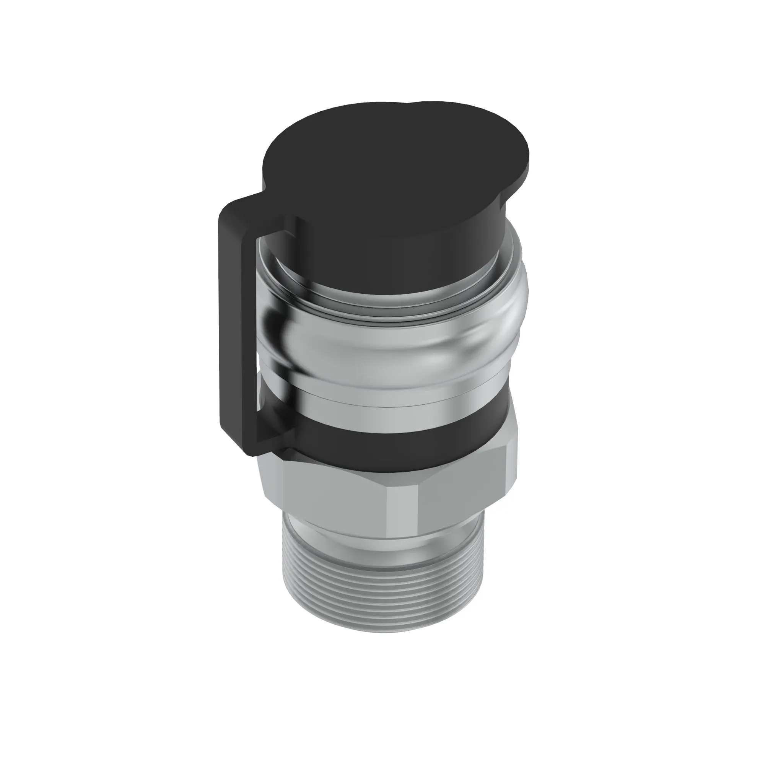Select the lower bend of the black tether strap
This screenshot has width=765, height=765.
[254, 451]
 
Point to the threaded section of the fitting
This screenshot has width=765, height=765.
[380, 594]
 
